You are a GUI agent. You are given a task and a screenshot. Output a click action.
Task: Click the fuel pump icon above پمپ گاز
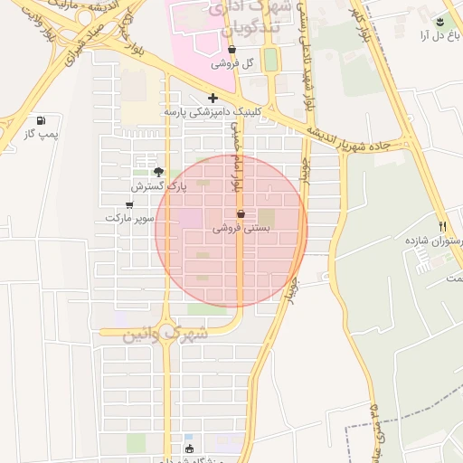pos(40,121)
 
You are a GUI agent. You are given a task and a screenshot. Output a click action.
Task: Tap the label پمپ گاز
pos(41,135)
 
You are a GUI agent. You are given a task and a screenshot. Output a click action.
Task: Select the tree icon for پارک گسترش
pos(159,172)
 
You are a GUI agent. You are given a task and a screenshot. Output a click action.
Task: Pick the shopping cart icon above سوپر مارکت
pos(129,204)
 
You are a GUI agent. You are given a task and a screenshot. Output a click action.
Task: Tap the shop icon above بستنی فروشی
pos(241,214)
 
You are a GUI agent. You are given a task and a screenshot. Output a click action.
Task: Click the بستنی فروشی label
pos(241,229)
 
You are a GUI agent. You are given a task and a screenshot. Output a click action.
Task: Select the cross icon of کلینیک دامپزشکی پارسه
pos(213,98)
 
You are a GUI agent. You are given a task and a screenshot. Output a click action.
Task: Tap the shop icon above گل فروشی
pos(232,51)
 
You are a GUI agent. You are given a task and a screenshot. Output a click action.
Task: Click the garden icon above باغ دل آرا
pos(440,22)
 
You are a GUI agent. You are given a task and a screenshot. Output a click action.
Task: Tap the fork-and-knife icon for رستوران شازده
pos(442,226)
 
